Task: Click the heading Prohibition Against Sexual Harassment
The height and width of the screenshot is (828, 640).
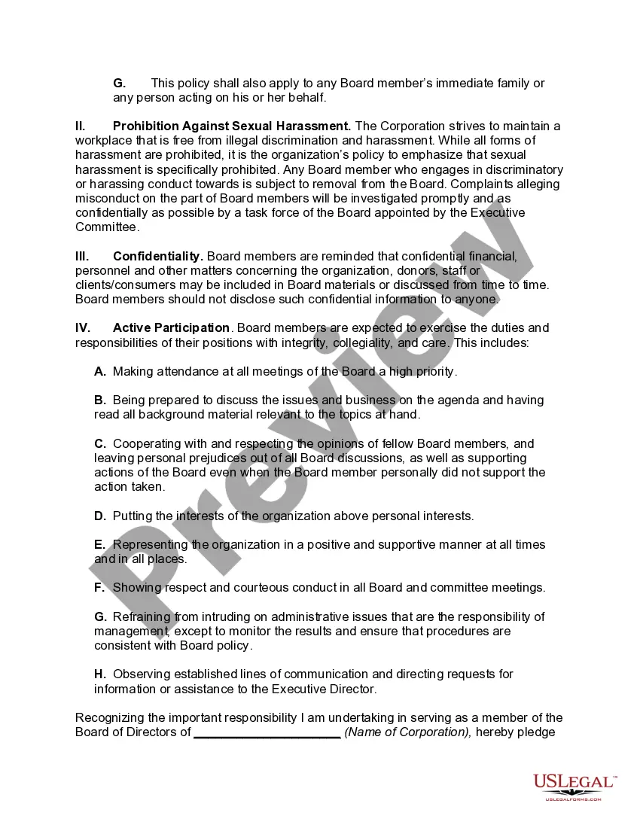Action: point(232,126)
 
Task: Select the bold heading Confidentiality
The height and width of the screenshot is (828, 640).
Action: point(158,256)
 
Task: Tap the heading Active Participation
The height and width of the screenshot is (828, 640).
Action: point(171,327)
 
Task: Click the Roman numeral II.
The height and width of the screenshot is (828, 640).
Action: point(81,126)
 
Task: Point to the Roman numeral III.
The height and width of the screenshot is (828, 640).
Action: point(82,256)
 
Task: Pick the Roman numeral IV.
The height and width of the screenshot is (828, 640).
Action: point(83,327)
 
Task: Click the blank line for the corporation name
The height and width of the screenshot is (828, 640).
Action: point(267,732)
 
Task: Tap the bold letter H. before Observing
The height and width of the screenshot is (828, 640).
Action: point(100,674)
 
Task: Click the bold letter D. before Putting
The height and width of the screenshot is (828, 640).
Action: point(100,516)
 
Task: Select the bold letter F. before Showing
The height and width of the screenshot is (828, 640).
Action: point(99,587)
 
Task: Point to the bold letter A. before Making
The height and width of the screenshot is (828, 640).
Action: point(100,371)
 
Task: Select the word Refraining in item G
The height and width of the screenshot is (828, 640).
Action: point(142,616)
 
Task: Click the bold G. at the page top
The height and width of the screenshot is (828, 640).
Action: point(119,83)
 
